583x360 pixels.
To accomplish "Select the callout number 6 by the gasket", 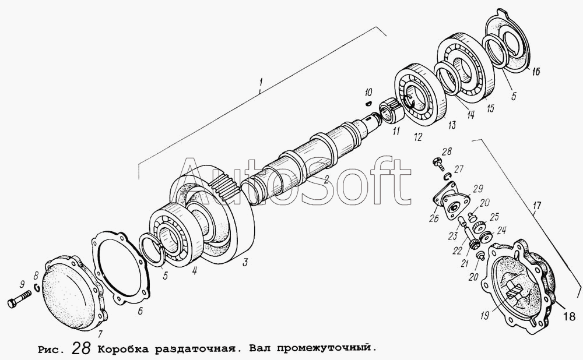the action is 140,310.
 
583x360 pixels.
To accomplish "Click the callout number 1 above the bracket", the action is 261,80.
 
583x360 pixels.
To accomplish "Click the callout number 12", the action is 417,137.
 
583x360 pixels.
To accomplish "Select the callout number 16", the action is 535,71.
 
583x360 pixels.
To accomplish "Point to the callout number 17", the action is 538,206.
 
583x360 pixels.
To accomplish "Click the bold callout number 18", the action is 570,316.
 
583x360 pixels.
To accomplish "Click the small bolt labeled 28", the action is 437,162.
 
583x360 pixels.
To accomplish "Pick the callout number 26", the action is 434,218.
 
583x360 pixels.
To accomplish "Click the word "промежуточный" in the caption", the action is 326,348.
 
